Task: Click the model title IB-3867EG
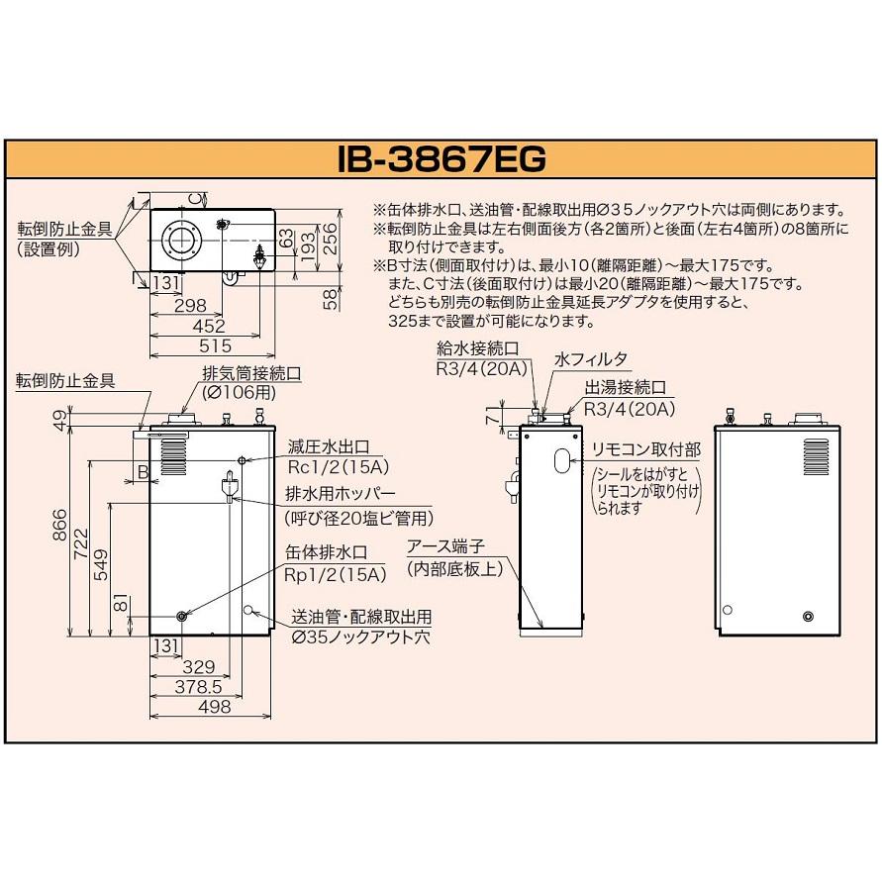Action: click(x=441, y=159)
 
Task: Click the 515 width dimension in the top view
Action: click(x=215, y=345)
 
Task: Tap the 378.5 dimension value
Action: click(x=198, y=686)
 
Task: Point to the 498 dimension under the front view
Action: click(x=214, y=707)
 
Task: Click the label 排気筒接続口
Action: click(x=251, y=373)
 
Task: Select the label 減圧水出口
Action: click(x=329, y=446)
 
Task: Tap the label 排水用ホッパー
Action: click(x=341, y=493)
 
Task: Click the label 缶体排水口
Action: click(x=327, y=552)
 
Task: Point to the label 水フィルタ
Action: click(x=591, y=359)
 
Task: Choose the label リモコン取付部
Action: click(x=645, y=449)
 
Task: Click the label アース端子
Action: click(x=445, y=546)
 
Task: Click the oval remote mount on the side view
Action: click(x=562, y=460)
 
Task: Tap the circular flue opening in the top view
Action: click(x=179, y=241)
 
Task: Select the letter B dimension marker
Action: click(x=144, y=471)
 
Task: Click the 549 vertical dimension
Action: click(x=101, y=564)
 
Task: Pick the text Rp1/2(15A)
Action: click(x=336, y=574)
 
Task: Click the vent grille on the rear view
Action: click(x=816, y=457)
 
